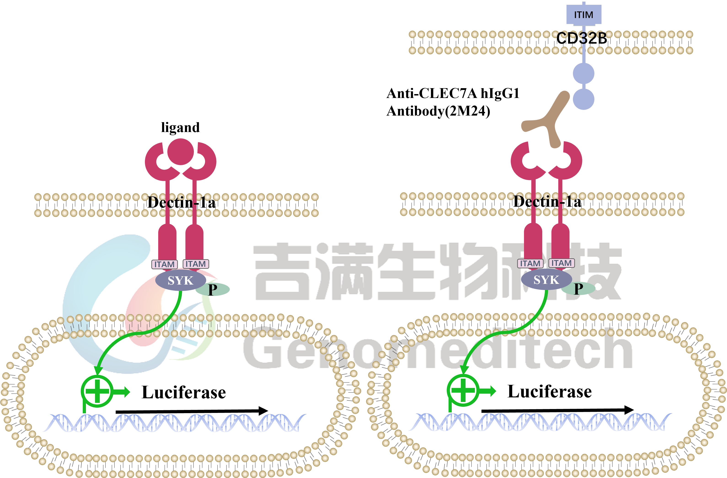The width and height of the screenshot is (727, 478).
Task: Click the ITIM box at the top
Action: [583, 15]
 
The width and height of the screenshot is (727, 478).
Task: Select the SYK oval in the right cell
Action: [546, 279]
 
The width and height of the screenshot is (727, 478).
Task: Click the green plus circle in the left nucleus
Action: [97, 391]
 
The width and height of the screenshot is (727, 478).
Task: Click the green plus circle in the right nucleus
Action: [463, 390]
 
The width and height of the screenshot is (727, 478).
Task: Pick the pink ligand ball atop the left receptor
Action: [181, 151]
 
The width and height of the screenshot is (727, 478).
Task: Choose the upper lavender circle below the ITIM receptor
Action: [583, 74]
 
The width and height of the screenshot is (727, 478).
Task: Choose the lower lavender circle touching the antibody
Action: [583, 99]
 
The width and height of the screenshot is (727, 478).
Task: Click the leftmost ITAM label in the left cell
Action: [164, 264]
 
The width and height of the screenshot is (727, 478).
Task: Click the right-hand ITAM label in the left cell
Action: [196, 264]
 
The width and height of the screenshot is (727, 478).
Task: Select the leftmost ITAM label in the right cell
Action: [530, 263]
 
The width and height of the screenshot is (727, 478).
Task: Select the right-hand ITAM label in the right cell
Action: [561, 263]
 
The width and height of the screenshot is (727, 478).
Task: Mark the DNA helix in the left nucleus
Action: [174, 423]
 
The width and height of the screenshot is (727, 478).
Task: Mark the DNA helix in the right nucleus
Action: [540, 422]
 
